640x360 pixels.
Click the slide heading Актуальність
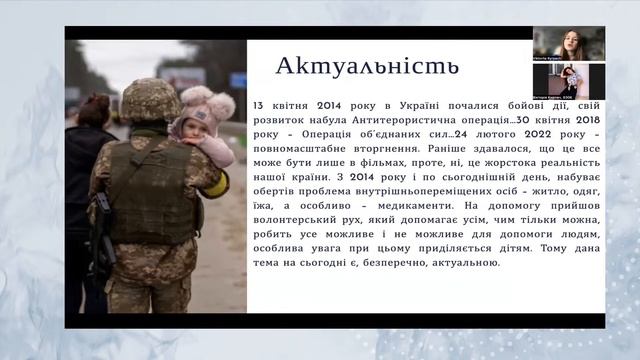[367, 67]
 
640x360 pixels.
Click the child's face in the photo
[190, 126]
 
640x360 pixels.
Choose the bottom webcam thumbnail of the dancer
[567, 80]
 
